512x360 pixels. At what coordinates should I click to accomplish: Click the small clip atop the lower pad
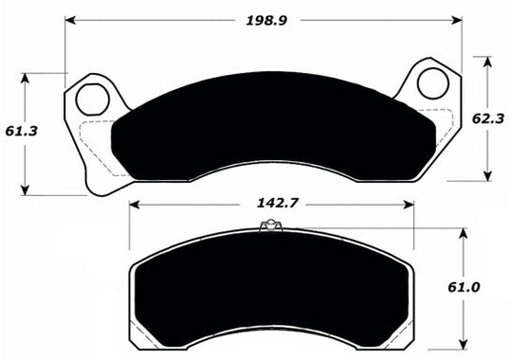tap(270, 225)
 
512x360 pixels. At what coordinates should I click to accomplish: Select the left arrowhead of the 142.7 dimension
tap(134, 204)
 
